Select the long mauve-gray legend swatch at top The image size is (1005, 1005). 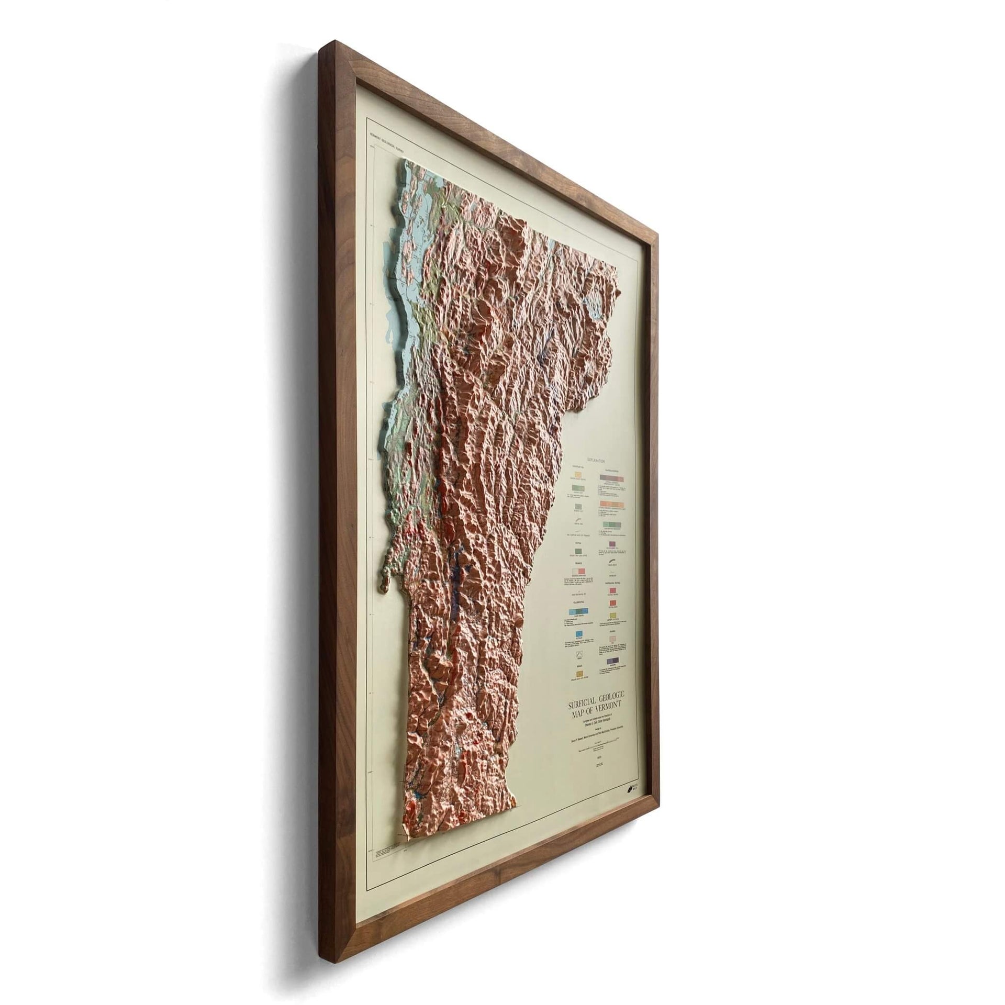[610, 478]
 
